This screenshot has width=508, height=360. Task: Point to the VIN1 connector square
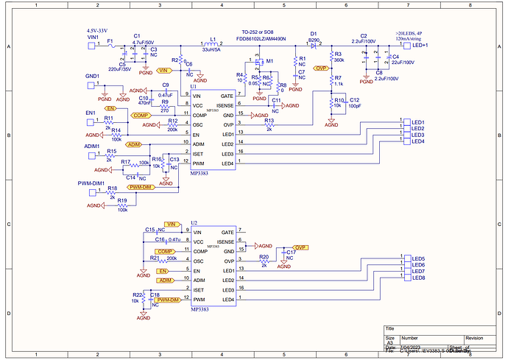pyautogui.click(x=92, y=46)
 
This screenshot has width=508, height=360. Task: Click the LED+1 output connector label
pyautogui.click(x=421, y=46)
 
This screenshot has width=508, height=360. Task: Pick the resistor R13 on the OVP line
pyautogui.click(x=269, y=125)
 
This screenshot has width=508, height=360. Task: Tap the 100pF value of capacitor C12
pyautogui.click(x=355, y=105)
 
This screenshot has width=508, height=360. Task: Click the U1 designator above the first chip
pyautogui.click(x=193, y=87)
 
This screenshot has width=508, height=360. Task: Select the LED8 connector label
pyautogui.click(x=418, y=278)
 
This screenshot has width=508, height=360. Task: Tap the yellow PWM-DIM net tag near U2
pyautogui.click(x=169, y=300)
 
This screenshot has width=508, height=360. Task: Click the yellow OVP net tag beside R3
pyautogui.click(x=320, y=68)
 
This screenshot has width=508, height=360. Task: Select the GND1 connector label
pyautogui.click(x=92, y=76)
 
